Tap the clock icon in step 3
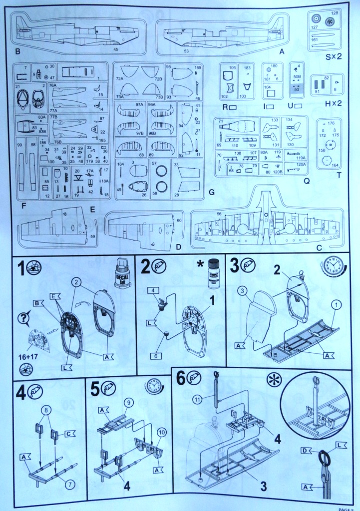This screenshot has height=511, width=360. click(332, 266)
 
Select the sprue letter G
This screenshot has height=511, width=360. click(212, 191)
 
